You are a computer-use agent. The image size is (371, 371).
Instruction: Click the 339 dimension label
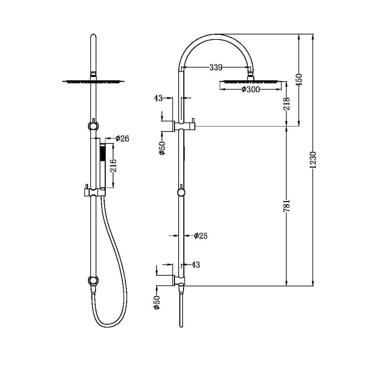pyautogui.click(x=215, y=67)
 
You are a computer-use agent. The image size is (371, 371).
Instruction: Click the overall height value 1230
pyautogui.click(x=314, y=160)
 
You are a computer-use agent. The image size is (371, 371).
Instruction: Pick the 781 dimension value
pyautogui.click(x=287, y=205)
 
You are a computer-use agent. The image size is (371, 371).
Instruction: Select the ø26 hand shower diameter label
pyautogui.click(x=122, y=138)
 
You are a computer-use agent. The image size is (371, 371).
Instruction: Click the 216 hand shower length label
pyautogui.click(x=113, y=166)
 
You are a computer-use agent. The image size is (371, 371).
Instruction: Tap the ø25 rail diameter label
pyautogui.click(x=200, y=236)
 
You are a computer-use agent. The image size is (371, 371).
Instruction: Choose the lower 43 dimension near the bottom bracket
pyautogui.click(x=195, y=265)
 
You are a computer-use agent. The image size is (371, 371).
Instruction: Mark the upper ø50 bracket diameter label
pyautogui.click(x=162, y=147)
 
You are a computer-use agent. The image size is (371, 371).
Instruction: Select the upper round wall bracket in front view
pyautogui.click(x=93, y=126)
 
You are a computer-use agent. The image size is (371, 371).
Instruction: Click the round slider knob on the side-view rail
pyautogui.click(x=181, y=192)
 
